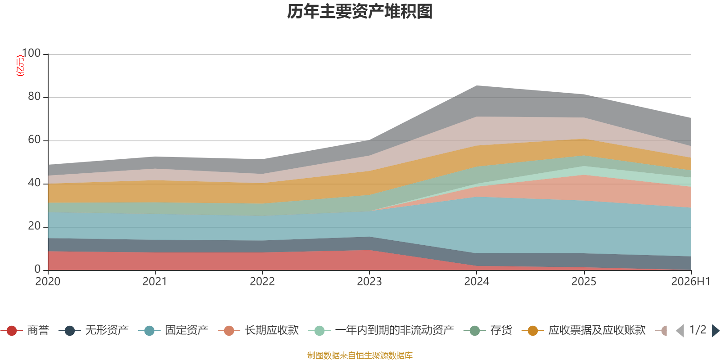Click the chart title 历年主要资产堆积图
tap(360, 12)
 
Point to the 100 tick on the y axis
tap(31, 53)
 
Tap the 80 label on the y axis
tap(34, 96)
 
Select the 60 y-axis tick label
tap(34, 140)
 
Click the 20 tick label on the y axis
tap(34, 226)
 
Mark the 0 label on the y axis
tap(38, 270)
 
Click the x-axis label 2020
tap(48, 282)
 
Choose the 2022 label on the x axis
tap(262, 282)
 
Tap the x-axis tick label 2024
tap(477, 282)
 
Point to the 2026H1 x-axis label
tap(691, 282)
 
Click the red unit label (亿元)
tap(20, 66)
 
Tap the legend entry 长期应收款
tap(258, 330)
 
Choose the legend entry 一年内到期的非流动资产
tap(381, 330)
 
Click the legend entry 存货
tap(488, 330)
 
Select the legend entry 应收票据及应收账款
tap(584, 330)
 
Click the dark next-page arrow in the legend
tap(715, 331)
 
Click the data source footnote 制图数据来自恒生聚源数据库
tap(360, 355)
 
